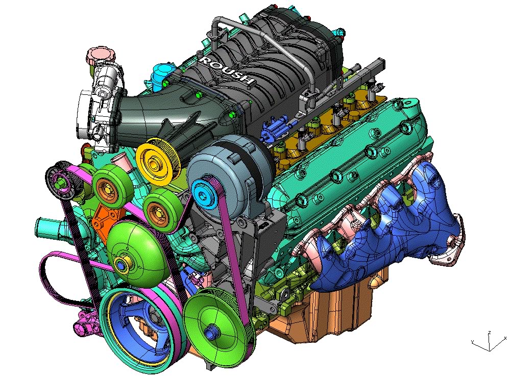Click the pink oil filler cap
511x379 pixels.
(x=99, y=56)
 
